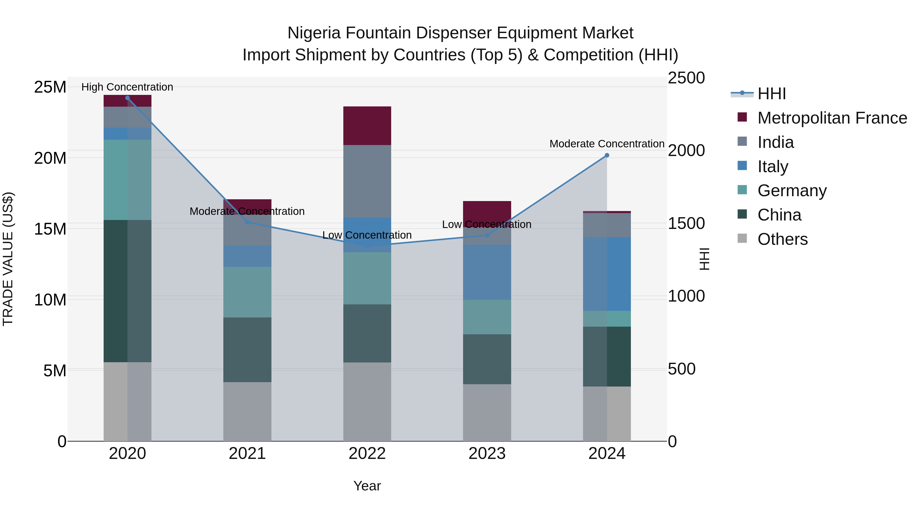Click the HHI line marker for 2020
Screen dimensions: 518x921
[127, 98]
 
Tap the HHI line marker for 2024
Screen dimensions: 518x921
[607, 156]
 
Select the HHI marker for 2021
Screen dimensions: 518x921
[247, 222]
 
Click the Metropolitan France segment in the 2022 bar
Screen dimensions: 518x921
[367, 126]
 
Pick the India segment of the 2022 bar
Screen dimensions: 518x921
[367, 181]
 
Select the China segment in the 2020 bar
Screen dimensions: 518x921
[127, 291]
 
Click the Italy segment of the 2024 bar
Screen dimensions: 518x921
[607, 274]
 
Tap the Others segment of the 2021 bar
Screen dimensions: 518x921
[247, 412]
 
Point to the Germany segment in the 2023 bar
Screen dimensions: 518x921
[487, 317]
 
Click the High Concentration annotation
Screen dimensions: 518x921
[127, 87]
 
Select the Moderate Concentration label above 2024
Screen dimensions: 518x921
[607, 144]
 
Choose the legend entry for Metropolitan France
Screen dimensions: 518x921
[832, 118]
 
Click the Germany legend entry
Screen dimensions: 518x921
[792, 191]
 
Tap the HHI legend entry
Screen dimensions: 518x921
[772, 94]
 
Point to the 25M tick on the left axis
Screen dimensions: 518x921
[50, 87]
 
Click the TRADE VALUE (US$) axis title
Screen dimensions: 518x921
[8, 259]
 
